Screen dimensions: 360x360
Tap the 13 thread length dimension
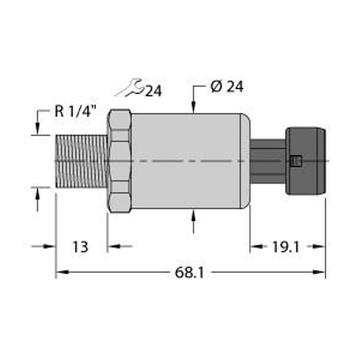pos(80,247)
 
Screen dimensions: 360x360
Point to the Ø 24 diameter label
pos(227,87)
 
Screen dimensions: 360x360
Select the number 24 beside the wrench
pos(154,91)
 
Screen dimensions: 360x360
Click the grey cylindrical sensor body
pos(189,161)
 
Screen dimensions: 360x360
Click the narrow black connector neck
pos(267,161)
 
